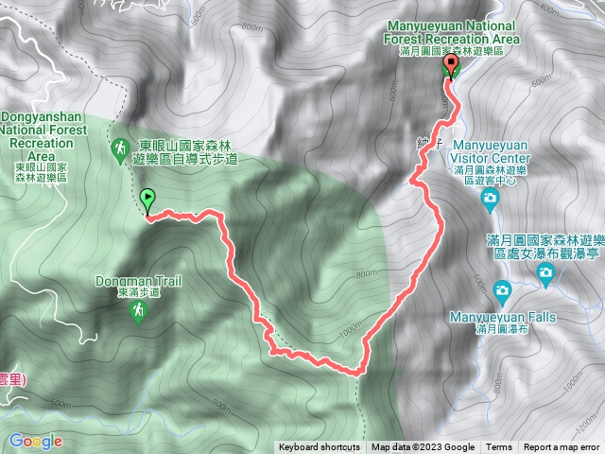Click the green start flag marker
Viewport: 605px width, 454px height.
[x=148, y=200]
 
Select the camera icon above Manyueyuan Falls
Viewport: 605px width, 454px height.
[x=503, y=288]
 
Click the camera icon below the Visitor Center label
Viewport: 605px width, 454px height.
[x=490, y=198]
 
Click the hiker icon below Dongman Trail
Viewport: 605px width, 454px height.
[x=139, y=311]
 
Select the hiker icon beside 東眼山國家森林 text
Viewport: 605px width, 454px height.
[x=120, y=148]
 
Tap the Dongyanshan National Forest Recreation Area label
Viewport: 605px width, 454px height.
[x=39, y=133]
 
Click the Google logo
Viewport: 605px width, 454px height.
[x=36, y=441]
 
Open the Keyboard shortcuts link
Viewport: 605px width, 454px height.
[x=319, y=447]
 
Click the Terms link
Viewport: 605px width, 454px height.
[x=499, y=447]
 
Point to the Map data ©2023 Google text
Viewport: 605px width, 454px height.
[x=423, y=447]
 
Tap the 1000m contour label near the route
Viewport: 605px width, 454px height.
[x=349, y=333]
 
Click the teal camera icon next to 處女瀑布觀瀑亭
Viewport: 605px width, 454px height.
[x=546, y=273]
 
